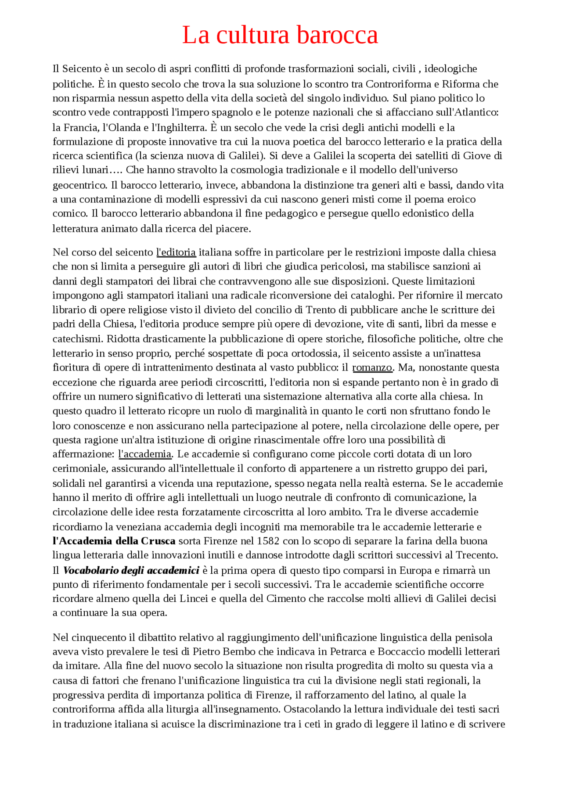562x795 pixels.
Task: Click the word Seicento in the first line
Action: [x=82, y=69]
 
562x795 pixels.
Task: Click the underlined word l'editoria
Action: [x=176, y=252]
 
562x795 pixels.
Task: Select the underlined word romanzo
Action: [x=372, y=367]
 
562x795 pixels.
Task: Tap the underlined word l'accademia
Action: [x=145, y=454]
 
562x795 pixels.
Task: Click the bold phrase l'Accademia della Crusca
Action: [x=114, y=541]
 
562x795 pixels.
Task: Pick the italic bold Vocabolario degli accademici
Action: [x=131, y=570]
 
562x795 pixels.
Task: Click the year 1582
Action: [x=268, y=541]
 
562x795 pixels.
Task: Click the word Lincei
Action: [x=194, y=598]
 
